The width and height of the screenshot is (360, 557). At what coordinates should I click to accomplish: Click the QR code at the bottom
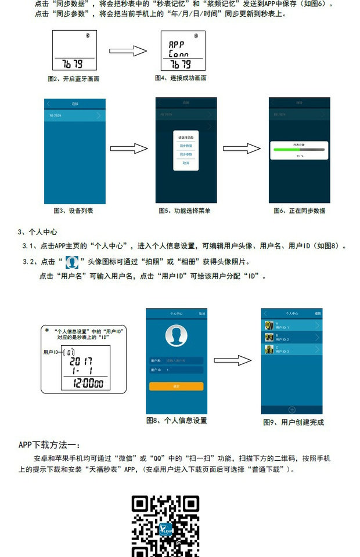165,525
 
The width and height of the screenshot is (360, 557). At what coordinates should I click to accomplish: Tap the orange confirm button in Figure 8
177,386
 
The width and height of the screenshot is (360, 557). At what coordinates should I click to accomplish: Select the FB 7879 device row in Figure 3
75,115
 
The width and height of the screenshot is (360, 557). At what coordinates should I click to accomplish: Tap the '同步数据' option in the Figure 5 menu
186,146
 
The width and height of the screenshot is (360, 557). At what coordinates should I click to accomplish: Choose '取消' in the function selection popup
186,163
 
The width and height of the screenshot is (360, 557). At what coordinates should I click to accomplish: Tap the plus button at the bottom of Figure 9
292,410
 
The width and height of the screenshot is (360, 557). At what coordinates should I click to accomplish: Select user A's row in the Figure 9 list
292,325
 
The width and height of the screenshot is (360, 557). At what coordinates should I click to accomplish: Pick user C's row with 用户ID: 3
292,349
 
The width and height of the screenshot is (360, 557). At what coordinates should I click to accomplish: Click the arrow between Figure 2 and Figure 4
128,51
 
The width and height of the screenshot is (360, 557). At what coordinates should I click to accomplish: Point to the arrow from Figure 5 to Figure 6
242,149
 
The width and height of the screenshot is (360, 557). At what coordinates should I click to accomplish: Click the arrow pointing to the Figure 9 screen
232,360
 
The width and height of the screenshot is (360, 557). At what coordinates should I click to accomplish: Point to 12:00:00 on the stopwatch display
84,384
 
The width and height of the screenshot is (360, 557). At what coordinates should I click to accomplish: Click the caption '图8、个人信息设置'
177,421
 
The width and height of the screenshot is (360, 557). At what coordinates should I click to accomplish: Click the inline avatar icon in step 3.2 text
71,262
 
